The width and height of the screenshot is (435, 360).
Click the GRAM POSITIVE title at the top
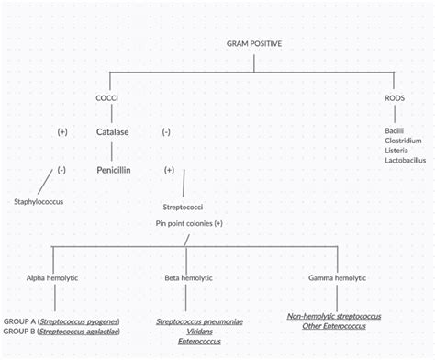click(255, 43)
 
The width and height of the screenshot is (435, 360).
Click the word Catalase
click(112, 132)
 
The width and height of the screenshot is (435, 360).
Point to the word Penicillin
click(117, 170)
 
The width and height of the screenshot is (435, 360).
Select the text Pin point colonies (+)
click(189, 223)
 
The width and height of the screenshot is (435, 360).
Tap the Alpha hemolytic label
click(55, 276)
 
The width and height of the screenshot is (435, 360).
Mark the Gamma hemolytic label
click(333, 276)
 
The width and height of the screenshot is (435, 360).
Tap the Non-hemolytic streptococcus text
click(334, 317)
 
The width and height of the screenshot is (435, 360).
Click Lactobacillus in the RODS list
click(407, 161)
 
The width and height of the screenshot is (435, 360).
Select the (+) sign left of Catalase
click(62, 132)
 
